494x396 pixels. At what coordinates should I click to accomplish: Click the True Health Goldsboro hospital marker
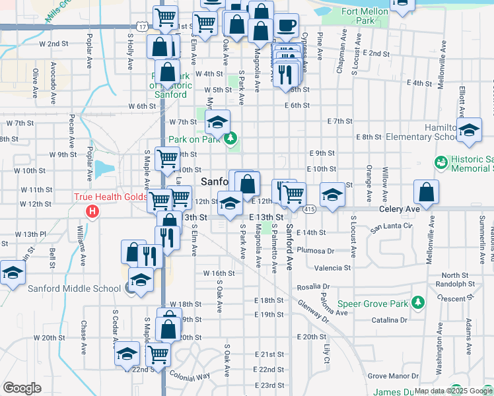92,211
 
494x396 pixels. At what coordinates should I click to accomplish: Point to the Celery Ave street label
400,209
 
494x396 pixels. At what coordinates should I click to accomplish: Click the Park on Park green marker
230,139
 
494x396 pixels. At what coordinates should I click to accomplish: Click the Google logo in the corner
22,388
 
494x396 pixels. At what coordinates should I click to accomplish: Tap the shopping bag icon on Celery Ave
427,193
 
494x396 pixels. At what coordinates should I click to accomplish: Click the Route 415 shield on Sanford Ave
309,209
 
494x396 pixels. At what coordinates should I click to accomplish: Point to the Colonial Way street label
190,376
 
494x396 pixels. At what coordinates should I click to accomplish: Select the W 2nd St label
54,44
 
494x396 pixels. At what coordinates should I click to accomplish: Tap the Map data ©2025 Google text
453,391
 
